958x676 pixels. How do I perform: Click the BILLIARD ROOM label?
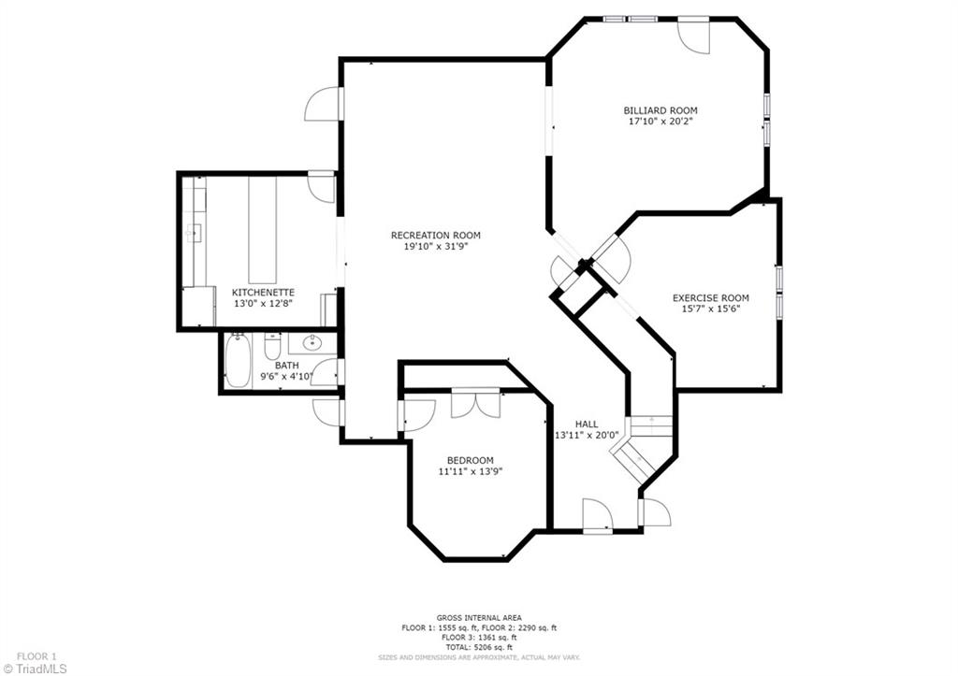[x=660, y=110]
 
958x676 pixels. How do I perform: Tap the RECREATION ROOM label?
[x=436, y=235]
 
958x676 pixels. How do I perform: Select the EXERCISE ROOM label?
[x=711, y=298]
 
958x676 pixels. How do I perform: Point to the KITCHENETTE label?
[x=263, y=293]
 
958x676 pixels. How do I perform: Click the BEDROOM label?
[x=470, y=460]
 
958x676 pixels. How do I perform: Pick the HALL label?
[x=587, y=424]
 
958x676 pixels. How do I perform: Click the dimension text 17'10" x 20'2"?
[x=660, y=122]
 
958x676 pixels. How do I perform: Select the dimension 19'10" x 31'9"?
[x=436, y=247]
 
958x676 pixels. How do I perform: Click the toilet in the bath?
[x=272, y=347]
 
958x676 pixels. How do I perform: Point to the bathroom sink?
[x=312, y=342]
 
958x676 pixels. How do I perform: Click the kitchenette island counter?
[x=263, y=230]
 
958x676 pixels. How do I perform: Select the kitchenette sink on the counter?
[x=195, y=233]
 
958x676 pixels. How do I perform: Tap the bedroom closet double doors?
[x=476, y=403]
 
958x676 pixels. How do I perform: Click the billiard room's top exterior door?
[x=693, y=36]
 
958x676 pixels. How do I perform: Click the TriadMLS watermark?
[x=35, y=669]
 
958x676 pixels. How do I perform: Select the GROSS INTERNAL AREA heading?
[x=479, y=618]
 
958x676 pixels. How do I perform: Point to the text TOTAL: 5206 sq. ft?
[x=479, y=647]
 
